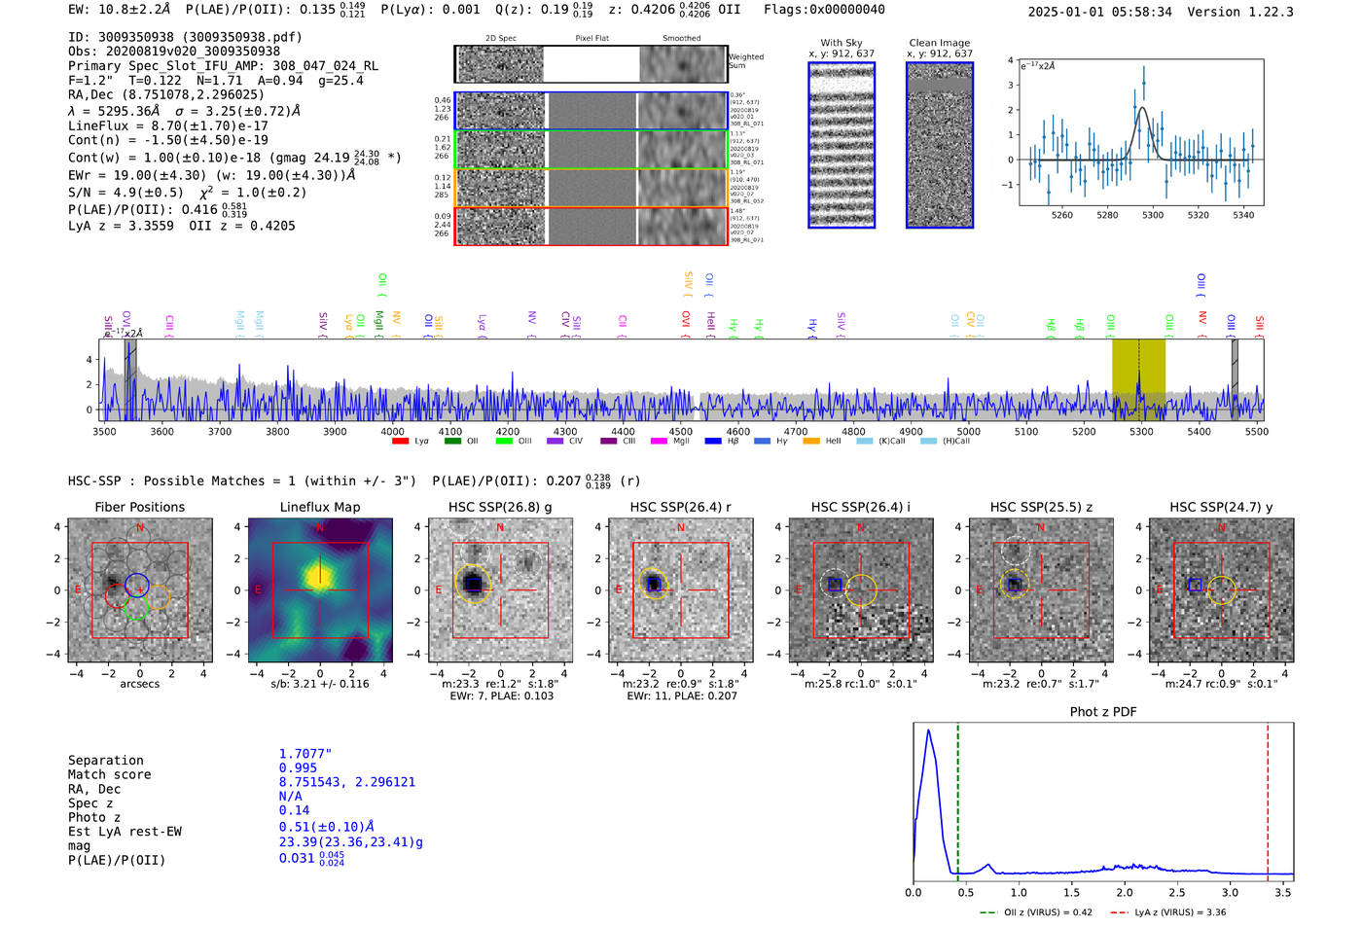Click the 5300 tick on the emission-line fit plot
[1153, 215]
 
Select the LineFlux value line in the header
[167, 125]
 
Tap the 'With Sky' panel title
[841, 43]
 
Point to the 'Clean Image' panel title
[939, 43]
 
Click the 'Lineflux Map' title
[319, 507]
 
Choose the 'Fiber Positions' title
[139, 507]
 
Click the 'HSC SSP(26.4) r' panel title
[680, 507]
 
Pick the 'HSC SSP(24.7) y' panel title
[1221, 507]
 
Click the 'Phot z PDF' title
[1102, 711]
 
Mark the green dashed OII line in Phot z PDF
[958, 798]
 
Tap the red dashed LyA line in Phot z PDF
[1268, 798]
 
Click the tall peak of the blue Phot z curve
[929, 731]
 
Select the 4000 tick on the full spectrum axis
[392, 431]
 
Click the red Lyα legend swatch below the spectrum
[400, 441]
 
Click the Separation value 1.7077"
[305, 754]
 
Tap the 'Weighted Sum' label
[745, 60]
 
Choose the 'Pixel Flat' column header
[591, 38]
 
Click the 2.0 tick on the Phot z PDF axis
[1125, 892]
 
